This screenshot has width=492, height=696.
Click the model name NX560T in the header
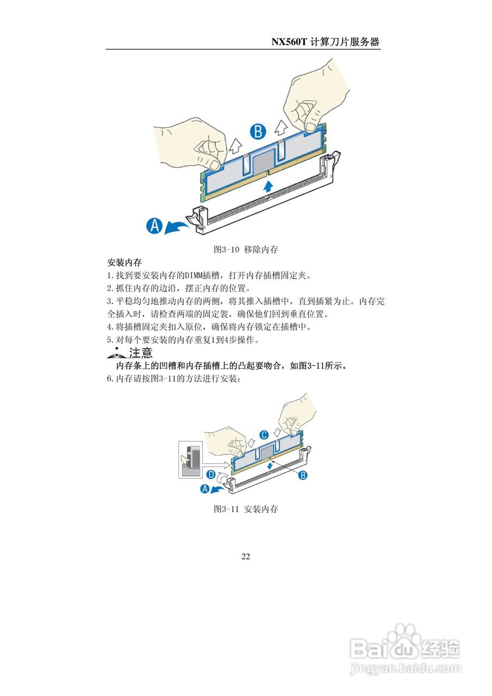tap(289, 42)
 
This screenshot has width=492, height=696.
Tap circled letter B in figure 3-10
tap(258, 132)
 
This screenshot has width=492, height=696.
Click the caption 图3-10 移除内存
tap(246, 250)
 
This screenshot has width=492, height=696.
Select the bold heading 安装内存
tap(122, 263)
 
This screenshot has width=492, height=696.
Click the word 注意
tap(141, 353)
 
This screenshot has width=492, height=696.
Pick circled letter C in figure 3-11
tap(264, 434)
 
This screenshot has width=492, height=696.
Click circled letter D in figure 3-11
tap(210, 475)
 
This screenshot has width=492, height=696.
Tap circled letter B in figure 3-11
tap(303, 475)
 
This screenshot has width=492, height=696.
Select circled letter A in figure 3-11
tap(205, 489)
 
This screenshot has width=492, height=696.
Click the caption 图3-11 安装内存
tap(246, 509)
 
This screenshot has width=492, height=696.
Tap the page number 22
tap(246, 556)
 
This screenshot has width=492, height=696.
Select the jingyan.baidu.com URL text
tap(406, 668)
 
